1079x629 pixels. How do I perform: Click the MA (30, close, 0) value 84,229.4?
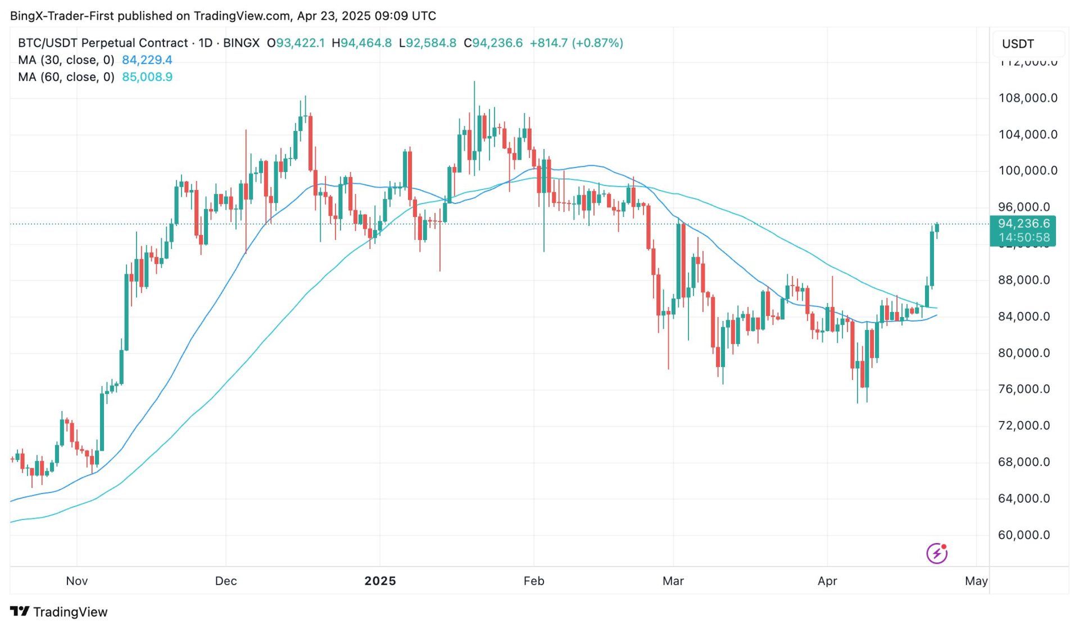147,60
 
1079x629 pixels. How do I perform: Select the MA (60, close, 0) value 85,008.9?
147,77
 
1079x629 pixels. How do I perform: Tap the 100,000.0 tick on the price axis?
1027,171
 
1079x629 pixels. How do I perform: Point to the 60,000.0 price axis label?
1023,535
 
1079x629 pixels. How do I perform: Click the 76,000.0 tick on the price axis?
1023,390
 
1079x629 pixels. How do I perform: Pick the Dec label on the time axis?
226,581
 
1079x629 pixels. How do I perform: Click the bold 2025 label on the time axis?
380,581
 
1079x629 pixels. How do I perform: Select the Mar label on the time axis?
673,581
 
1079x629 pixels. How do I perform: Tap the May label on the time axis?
976,581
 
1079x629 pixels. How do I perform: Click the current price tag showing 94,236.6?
1023,224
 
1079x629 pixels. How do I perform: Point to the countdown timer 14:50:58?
1023,238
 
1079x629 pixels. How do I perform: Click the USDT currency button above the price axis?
1018,44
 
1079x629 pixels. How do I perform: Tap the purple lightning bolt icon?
937,554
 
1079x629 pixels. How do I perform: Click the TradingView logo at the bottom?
59,612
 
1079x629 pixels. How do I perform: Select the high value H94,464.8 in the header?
361,43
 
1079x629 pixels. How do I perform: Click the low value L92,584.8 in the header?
427,43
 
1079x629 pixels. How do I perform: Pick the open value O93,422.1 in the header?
296,43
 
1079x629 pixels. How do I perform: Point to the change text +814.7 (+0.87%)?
576,43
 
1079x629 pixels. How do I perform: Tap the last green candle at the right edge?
937,228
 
